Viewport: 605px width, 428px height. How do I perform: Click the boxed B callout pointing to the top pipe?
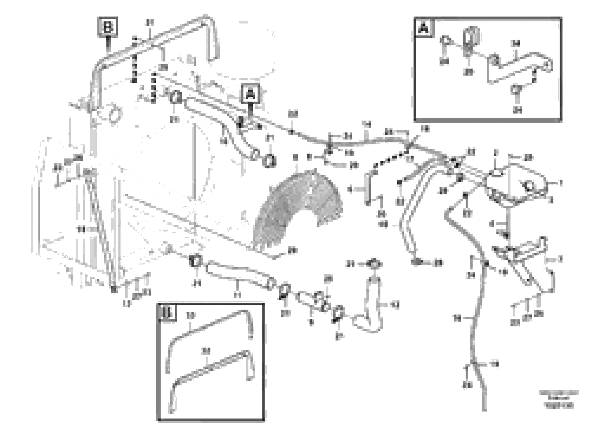click(x=108, y=27)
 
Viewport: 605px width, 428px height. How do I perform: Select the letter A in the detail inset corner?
click(x=424, y=27)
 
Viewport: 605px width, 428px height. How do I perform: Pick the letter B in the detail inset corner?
click(x=168, y=313)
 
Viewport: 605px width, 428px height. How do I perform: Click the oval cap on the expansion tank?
click(x=496, y=173)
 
